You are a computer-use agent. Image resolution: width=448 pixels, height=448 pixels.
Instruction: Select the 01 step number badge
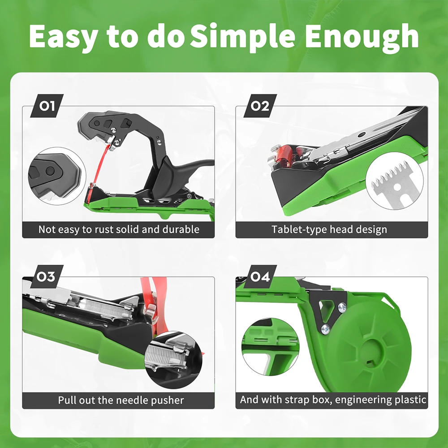click(x=47, y=106)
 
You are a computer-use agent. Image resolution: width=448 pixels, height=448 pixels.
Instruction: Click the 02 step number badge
click(x=260, y=106)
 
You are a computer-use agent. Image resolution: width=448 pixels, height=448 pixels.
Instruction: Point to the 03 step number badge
click(x=47, y=276)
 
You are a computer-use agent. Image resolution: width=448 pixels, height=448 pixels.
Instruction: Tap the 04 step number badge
click(x=260, y=276)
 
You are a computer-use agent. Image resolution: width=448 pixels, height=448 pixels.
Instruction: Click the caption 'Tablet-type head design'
click(x=329, y=230)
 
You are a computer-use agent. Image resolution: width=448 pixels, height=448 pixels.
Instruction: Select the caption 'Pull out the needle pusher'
click(x=121, y=400)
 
